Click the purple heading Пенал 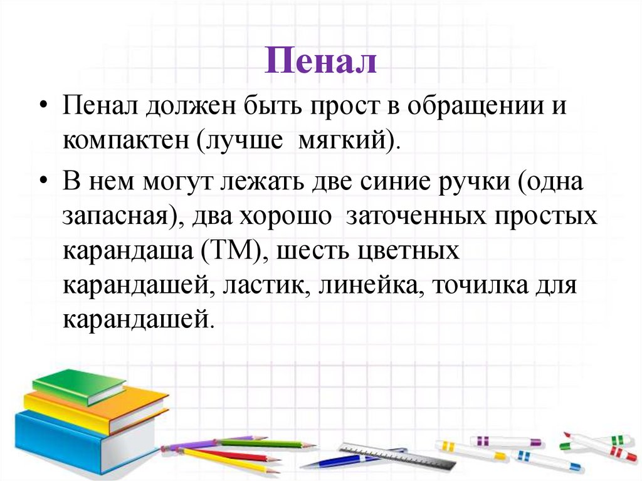click(320, 62)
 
